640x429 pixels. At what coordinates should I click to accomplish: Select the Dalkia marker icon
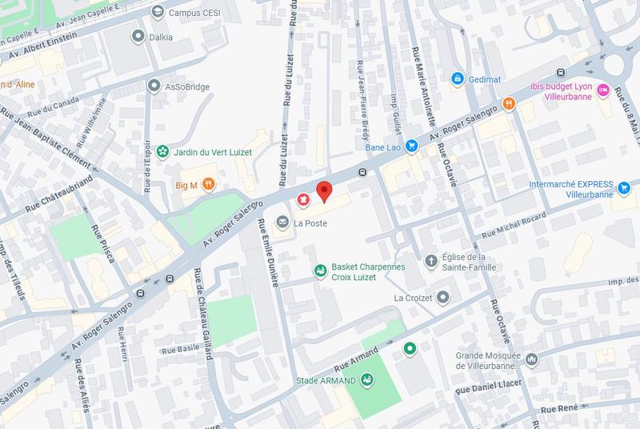(x=137, y=36)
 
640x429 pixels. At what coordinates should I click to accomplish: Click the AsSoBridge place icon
(x=154, y=85)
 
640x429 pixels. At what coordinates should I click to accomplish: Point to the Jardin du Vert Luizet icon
(x=162, y=150)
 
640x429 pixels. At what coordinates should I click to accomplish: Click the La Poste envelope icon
(x=282, y=222)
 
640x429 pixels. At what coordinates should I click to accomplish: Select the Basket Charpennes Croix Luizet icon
(x=319, y=271)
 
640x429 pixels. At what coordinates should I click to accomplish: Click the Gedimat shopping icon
(x=457, y=78)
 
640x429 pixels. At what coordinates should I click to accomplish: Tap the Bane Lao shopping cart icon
(x=411, y=146)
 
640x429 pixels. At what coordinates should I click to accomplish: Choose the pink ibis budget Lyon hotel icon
(x=603, y=90)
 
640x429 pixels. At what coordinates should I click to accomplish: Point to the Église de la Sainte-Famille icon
(x=430, y=261)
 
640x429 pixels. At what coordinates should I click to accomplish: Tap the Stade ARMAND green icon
(x=367, y=380)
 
